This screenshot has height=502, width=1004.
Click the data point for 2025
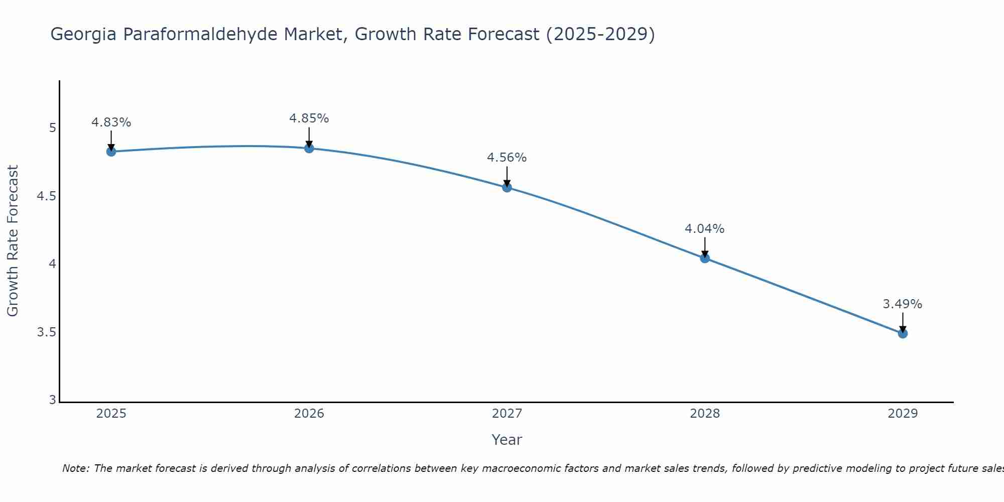[111, 152]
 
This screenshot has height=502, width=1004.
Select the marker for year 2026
[309, 148]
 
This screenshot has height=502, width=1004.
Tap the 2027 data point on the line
[507, 187]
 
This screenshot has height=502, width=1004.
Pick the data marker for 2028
[705, 258]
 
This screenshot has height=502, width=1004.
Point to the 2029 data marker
[903, 333]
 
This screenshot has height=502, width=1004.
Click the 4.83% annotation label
[111, 122]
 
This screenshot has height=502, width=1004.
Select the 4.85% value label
[309, 118]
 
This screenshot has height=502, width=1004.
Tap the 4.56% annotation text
[507, 158]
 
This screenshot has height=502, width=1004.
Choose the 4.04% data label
[705, 229]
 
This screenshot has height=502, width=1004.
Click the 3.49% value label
[903, 304]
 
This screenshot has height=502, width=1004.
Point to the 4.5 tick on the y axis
[46, 196]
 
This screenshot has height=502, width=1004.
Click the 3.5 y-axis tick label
[46, 332]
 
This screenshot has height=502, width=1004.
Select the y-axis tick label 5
[52, 128]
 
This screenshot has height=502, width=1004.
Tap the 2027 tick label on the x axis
[507, 414]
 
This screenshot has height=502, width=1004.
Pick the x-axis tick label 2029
[903, 414]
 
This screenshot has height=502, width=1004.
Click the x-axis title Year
[507, 440]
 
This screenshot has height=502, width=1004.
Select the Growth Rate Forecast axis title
[13, 241]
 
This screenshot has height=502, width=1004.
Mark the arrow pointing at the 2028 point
[705, 247]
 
